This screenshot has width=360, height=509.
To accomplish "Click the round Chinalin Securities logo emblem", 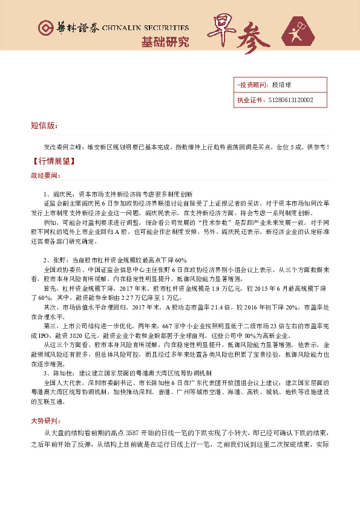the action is coord(45,28).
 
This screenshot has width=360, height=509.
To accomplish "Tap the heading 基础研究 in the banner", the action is coord(165,42).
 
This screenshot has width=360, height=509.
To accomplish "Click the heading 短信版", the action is coord(44,126).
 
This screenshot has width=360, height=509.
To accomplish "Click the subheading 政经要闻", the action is coord(45,175).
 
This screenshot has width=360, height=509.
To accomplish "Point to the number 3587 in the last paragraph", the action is coord(134,433).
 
